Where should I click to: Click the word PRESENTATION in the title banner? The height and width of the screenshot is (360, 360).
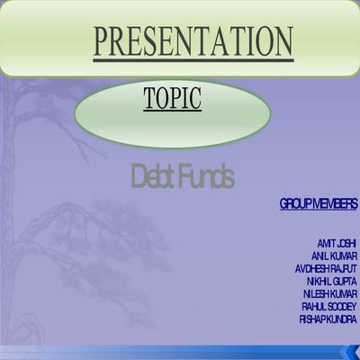point(193,40)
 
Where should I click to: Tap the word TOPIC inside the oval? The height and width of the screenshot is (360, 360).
point(173,98)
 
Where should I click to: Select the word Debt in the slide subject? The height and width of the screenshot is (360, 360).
point(150,176)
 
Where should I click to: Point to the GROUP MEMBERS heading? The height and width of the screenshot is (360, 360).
point(318,205)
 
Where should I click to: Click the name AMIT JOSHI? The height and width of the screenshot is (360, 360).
point(336,243)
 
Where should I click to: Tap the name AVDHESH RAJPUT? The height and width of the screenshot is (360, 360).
point(326,268)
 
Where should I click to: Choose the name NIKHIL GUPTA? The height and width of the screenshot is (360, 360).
point(331,281)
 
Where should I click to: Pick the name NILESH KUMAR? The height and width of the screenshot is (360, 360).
point(330,293)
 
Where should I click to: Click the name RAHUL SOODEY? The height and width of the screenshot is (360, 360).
point(329,306)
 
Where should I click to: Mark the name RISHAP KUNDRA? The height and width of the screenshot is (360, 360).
point(328,319)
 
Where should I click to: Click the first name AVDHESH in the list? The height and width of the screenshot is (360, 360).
point(312,268)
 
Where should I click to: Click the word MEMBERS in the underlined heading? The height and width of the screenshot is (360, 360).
point(335,205)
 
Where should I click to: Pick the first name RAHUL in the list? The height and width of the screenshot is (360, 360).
point(314,306)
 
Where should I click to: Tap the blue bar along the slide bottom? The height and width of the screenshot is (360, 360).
point(180,352)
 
